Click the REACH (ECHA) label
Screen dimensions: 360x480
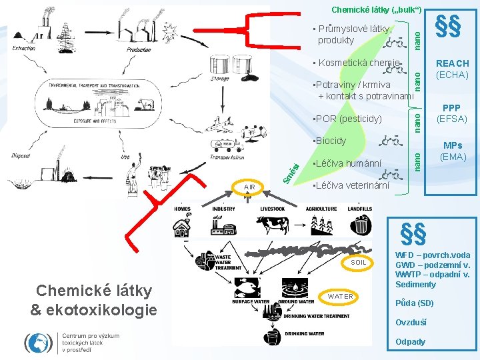(x=452, y=69)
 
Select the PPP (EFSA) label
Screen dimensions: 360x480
(x=452, y=113)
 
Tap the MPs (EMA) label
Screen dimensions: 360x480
(x=453, y=151)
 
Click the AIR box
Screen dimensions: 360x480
(x=249, y=187)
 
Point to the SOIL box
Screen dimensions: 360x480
(x=359, y=263)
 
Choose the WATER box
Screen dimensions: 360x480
(x=341, y=296)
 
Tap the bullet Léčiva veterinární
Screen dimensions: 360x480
(x=351, y=186)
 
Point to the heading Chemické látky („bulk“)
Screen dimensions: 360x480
(x=377, y=9)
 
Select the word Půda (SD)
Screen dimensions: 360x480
(x=414, y=303)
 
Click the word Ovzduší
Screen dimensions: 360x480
(x=411, y=323)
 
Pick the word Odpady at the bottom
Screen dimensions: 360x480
(x=410, y=342)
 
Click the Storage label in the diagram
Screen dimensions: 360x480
(x=220, y=79)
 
